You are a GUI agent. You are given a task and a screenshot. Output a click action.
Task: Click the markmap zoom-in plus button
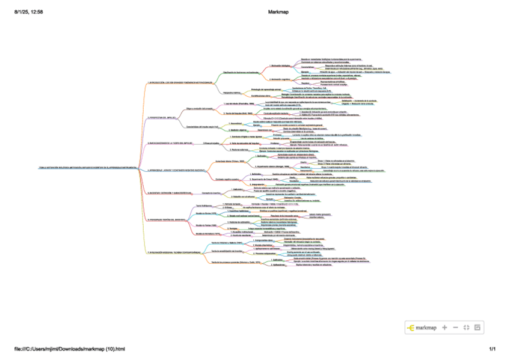444,328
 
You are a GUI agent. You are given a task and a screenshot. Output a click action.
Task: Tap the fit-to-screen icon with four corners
466,328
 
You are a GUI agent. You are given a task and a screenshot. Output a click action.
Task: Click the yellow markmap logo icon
411,328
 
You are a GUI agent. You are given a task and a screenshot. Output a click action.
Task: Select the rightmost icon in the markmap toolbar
477,328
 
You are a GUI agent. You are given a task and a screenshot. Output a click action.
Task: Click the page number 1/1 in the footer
492,349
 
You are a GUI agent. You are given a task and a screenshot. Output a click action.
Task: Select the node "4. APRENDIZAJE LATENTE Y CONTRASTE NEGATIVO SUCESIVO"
180,171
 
